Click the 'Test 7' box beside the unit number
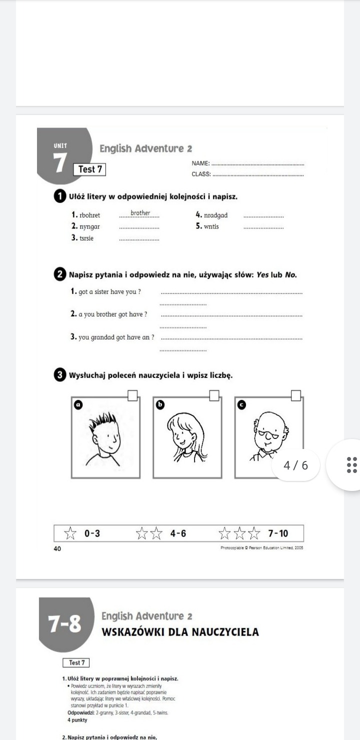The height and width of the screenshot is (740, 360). point(89,169)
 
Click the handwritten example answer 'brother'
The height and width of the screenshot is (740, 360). point(140,213)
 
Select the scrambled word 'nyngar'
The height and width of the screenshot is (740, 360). point(89,226)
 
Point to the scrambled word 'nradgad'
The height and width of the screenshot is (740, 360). point(215,215)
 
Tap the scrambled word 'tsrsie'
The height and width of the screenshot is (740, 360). point(88,238)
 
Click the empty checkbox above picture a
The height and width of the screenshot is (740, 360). point(133,396)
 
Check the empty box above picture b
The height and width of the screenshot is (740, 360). point(214,396)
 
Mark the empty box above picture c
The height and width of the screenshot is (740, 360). point(296,396)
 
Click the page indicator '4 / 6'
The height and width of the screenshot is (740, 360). point(296,465)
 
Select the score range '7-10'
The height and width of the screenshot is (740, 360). point(278,533)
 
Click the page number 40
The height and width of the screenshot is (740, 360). point(57,548)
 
